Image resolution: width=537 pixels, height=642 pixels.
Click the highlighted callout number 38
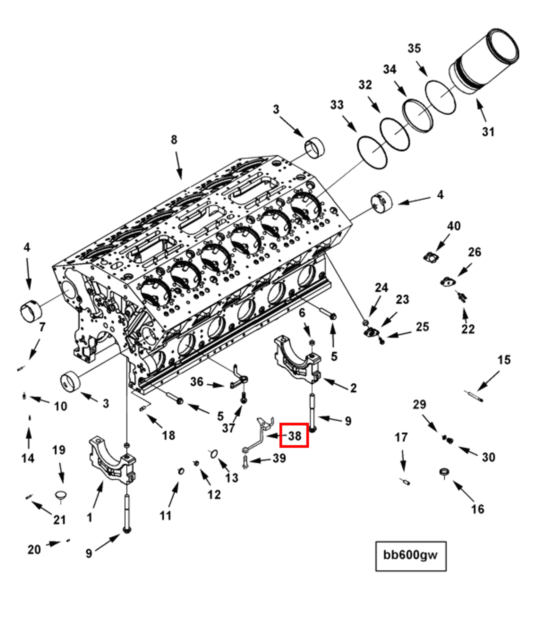pyautogui.click(x=294, y=435)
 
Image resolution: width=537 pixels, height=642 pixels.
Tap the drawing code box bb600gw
pyautogui.click(x=410, y=555)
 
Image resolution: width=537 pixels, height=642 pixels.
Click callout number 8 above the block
pyautogui.click(x=174, y=140)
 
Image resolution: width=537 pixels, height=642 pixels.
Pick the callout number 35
pyautogui.click(x=414, y=48)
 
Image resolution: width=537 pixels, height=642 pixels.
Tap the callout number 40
pyautogui.click(x=454, y=226)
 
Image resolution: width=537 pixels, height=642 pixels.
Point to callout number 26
pyautogui.click(x=474, y=252)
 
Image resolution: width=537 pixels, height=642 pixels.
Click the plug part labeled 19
pyautogui.click(x=60, y=496)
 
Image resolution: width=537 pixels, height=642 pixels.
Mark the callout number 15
pyautogui.click(x=504, y=360)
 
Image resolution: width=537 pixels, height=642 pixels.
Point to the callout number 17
pyautogui.click(x=401, y=437)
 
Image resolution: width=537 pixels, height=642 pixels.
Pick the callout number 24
pyautogui.click(x=381, y=288)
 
